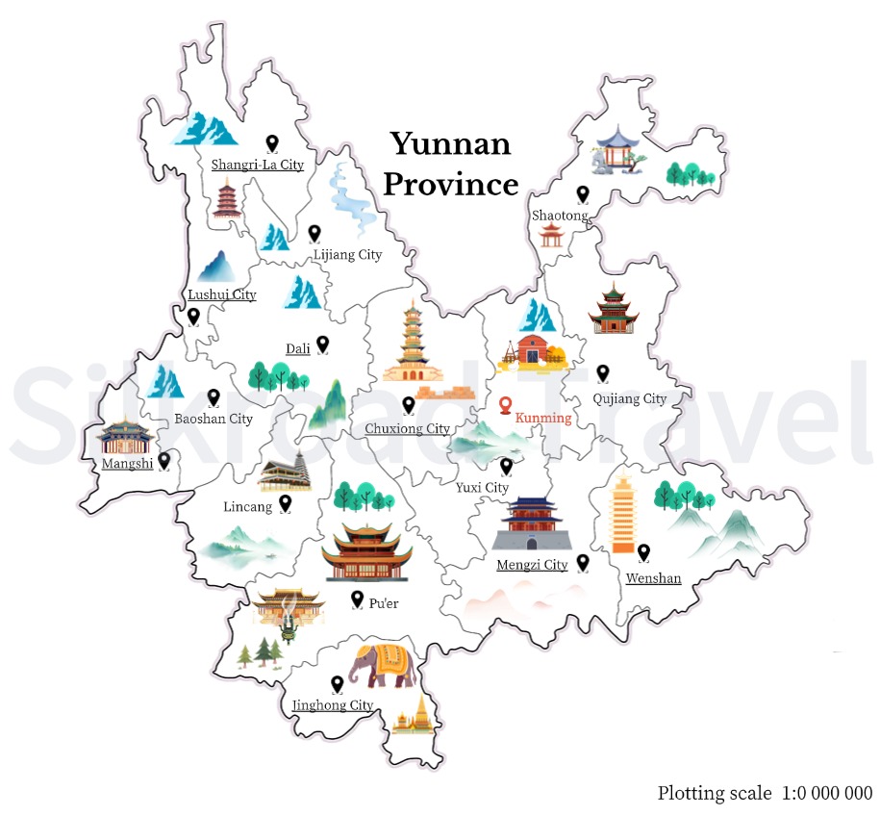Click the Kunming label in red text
coord(543,419)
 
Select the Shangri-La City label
coord(257,165)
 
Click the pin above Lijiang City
coord(314,233)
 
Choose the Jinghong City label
coord(333,705)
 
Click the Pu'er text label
coord(384,603)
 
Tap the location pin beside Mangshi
coord(164,461)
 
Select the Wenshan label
coord(653,578)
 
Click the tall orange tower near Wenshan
coord(623,515)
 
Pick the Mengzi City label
coord(532,565)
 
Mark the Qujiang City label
coord(630,398)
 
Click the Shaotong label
coord(559,216)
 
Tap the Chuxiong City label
coord(407,428)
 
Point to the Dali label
coord(298,348)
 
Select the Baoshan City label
coord(214,419)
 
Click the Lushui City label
coord(222,294)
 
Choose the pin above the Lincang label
coord(286,501)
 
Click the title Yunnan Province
coord(450,164)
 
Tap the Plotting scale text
coord(765,793)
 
